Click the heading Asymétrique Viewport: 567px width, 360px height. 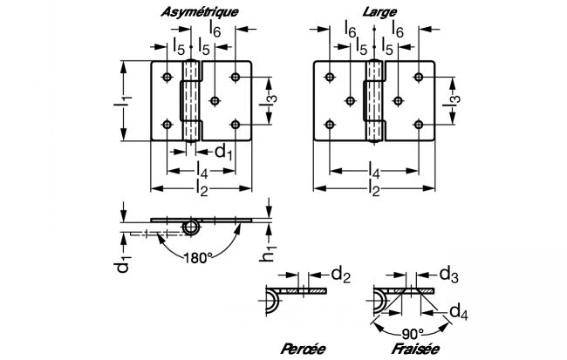199,12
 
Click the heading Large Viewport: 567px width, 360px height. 379,12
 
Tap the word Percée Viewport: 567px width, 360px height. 303,349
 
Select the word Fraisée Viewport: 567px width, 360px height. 415,349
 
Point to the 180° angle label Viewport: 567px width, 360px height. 197,258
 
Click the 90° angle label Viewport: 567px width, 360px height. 413,334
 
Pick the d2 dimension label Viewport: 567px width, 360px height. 340,275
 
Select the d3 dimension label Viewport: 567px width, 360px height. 448,275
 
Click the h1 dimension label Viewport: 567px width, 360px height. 268,252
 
